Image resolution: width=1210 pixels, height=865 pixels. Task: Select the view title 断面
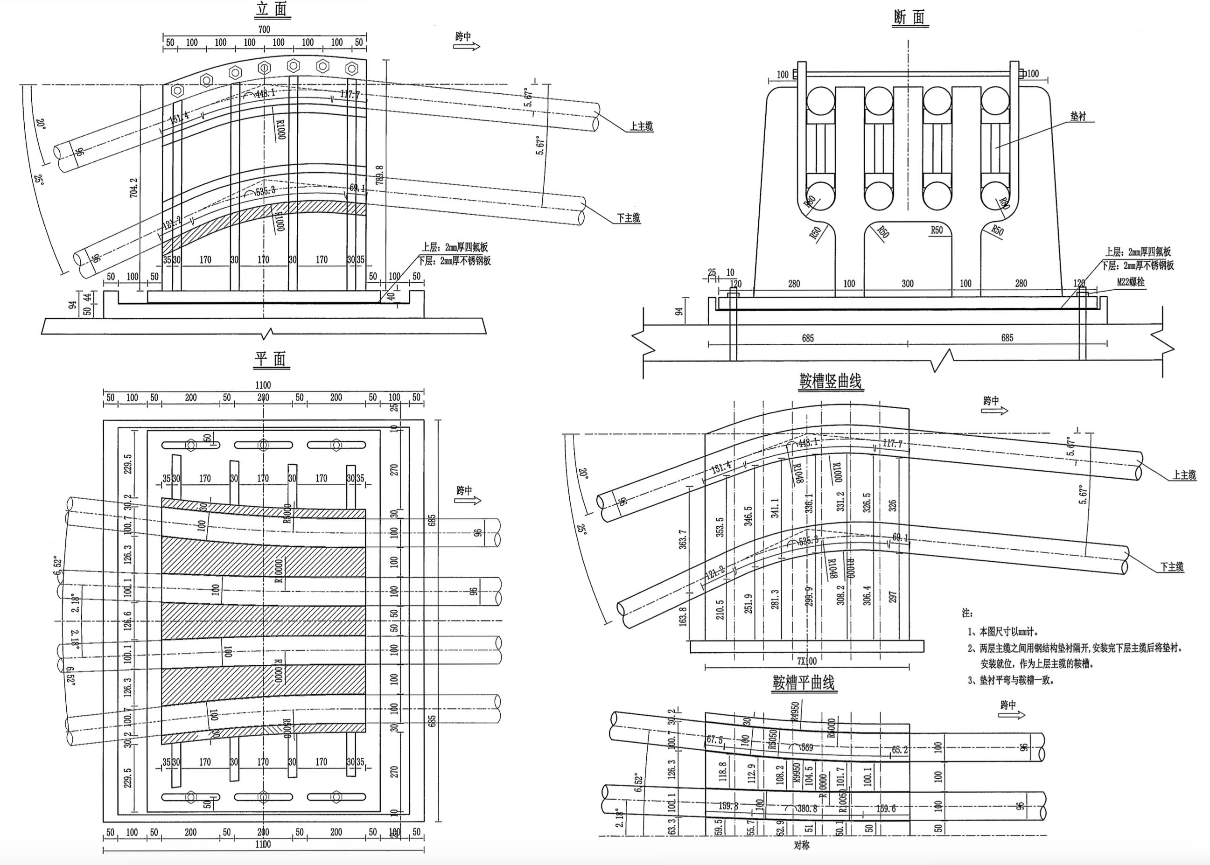point(909,18)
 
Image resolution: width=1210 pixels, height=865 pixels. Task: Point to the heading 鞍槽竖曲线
point(830,381)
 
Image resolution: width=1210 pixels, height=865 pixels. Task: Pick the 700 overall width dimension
point(264,30)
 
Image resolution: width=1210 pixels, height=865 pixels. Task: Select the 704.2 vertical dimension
point(133,188)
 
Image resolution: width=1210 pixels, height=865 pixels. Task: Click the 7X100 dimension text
point(807,661)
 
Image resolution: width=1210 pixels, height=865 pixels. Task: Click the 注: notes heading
point(967,613)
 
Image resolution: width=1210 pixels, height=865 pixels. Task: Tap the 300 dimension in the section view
point(908,284)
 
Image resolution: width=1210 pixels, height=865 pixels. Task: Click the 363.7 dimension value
point(683,539)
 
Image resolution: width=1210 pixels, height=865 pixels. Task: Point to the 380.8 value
point(807,808)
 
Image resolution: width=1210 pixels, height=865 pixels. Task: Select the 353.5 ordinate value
point(720,527)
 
